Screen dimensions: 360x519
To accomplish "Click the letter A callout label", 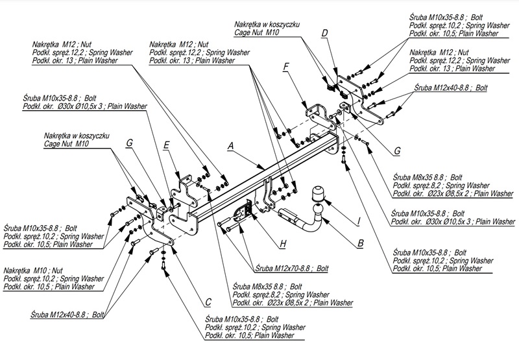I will coord(230,147).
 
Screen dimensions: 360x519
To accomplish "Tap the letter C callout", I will coord(208,302).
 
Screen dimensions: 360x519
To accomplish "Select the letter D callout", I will coord(324,32).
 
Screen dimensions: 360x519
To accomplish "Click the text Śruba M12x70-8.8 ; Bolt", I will coord(292,267).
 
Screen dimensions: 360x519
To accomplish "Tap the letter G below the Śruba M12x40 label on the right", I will coord(398,151).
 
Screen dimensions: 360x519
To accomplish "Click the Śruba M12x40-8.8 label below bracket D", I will coord(454,87).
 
